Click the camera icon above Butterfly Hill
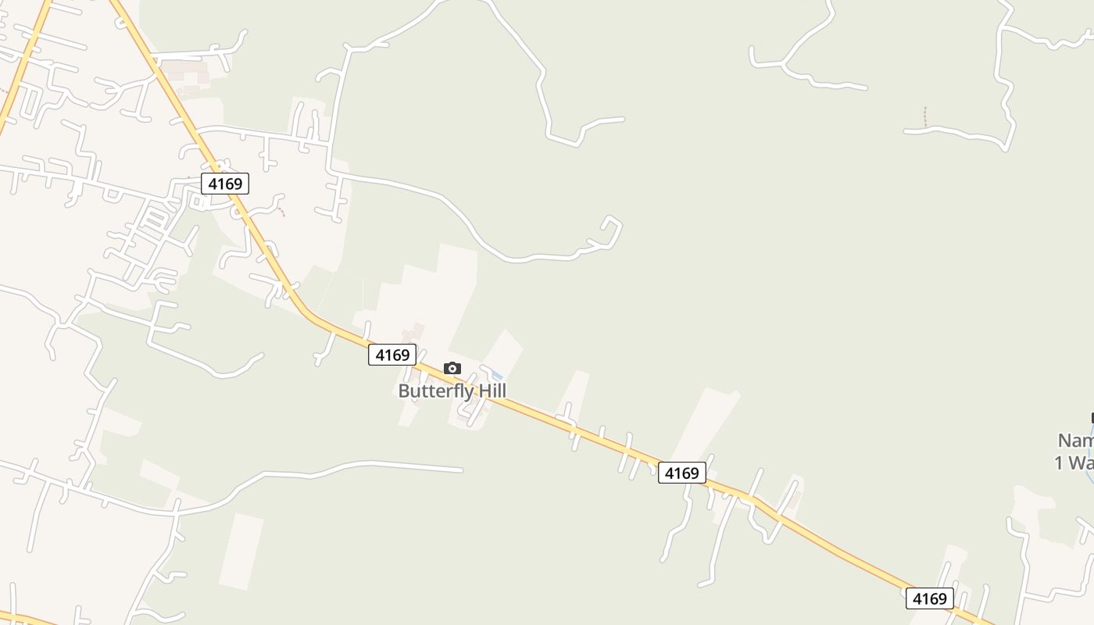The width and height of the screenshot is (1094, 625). (x=452, y=368)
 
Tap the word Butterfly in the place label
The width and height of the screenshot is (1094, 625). (x=436, y=391)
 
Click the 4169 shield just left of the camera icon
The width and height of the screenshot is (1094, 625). (x=392, y=355)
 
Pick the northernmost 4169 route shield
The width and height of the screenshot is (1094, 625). (x=225, y=184)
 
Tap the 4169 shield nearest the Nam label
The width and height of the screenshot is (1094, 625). (x=930, y=598)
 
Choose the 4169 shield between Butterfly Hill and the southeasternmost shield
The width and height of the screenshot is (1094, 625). (x=681, y=473)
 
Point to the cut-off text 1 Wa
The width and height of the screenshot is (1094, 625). (x=1074, y=462)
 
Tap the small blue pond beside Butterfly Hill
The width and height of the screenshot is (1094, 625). (x=495, y=376)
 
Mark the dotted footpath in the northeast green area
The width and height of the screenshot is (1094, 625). (x=925, y=116)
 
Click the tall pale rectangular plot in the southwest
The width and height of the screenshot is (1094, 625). (x=241, y=551)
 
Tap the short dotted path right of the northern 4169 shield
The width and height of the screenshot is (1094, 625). (x=281, y=209)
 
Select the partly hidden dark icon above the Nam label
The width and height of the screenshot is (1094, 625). (x=1091, y=419)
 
